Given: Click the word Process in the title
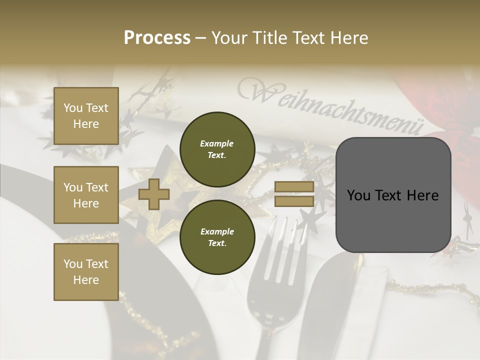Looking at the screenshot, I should pyautogui.click(x=157, y=37).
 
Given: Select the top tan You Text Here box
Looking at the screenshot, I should pyautogui.click(x=86, y=116).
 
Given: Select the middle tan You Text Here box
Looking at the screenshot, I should pyautogui.click(x=86, y=195).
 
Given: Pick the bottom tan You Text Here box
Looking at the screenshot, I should pyautogui.click(x=86, y=272).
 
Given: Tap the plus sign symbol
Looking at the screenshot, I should pyautogui.click(x=154, y=194).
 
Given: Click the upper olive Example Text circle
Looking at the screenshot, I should pyautogui.click(x=217, y=149).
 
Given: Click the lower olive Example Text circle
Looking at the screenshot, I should pyautogui.click(x=217, y=237).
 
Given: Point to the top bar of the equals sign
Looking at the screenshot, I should pyautogui.click(x=294, y=187).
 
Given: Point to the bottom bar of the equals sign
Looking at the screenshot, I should pyautogui.click(x=294, y=201).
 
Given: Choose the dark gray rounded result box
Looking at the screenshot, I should pyautogui.click(x=393, y=195).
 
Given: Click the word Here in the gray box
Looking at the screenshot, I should pyautogui.click(x=422, y=195).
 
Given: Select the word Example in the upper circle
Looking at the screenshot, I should pyautogui.click(x=217, y=143).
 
